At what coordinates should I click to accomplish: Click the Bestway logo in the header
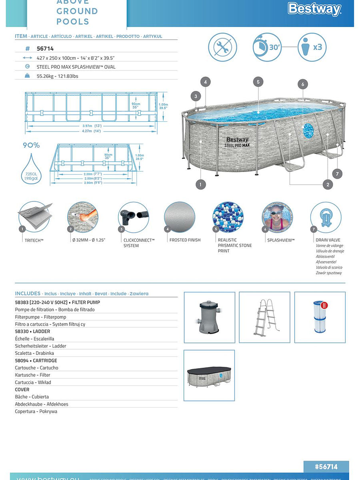314,9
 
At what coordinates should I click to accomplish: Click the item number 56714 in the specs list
45,48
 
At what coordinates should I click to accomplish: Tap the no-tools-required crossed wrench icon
223,47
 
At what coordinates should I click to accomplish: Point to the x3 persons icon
312,47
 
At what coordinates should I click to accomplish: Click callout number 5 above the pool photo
258,82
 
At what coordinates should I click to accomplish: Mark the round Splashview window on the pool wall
308,130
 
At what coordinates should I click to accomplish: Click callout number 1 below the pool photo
200,184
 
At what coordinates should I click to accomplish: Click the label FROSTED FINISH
185,240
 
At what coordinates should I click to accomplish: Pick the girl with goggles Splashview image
277,217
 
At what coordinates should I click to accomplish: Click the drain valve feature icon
326,217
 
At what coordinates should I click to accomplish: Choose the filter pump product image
209,317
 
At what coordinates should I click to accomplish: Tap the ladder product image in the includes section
264,317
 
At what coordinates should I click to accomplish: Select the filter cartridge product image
320,317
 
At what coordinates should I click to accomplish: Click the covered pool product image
209,375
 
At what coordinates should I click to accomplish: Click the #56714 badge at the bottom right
326,467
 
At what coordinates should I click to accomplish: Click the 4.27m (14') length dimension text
91,131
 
